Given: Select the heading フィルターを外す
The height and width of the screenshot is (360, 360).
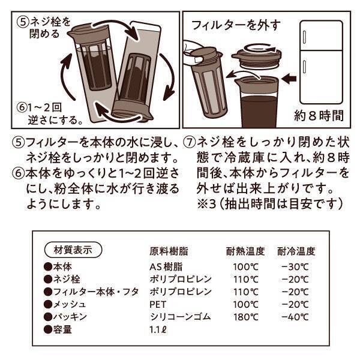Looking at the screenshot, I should (236, 25).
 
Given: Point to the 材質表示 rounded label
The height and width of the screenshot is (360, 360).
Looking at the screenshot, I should (73, 249).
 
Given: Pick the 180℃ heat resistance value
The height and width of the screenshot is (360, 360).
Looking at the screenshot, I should (246, 316).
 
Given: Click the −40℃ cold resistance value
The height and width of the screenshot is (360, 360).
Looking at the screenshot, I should (296, 316).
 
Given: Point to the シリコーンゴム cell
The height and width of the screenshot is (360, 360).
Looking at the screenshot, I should (180, 316).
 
